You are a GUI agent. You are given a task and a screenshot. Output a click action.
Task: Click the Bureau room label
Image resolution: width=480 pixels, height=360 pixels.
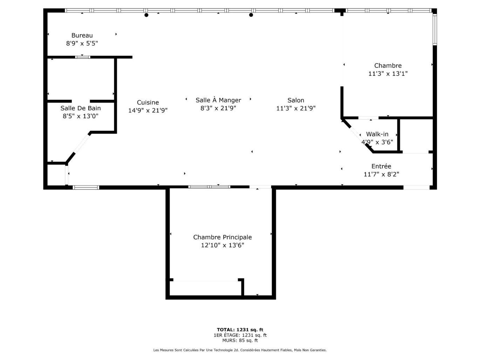coord(82,35)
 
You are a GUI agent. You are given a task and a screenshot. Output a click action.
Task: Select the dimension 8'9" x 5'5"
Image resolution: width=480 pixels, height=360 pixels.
coord(82,43)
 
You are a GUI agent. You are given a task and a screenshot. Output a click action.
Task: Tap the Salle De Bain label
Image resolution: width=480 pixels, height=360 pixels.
coord(81,108)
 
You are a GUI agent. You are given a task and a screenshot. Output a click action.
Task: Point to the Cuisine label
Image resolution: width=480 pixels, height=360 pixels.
coord(148,102)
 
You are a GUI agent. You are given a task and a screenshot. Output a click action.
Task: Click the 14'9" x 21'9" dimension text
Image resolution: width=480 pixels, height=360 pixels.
coord(148,110)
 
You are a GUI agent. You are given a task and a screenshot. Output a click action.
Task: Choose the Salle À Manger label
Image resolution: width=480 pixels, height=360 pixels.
coord(218,100)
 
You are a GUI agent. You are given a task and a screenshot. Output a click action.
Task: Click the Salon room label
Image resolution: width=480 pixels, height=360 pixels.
coord(296,100)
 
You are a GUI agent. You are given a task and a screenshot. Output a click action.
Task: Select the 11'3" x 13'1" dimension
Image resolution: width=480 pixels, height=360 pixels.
coord(388,74)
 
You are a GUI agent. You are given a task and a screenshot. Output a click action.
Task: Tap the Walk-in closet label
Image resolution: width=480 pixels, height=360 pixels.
coord(377,134)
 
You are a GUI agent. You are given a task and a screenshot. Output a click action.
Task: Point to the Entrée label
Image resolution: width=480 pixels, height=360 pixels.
coord(381,166)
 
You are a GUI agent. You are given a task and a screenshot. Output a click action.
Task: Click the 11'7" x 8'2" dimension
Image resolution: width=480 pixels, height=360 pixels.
coord(381,174)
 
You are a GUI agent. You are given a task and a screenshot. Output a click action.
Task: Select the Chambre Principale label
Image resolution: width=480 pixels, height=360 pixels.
coord(222,237)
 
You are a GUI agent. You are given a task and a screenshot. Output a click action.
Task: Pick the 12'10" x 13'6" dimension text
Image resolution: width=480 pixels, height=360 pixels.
coord(222,245)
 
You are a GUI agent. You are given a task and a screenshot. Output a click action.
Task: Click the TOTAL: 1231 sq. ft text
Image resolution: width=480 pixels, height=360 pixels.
coord(240,330)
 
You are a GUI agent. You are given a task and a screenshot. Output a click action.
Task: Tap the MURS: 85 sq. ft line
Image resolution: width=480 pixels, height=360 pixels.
coord(240,340)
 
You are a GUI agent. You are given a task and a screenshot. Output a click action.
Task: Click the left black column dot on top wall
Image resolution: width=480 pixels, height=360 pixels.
coord(146,15)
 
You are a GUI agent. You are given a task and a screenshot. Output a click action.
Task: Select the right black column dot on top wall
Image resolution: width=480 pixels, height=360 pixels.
coord(251,15)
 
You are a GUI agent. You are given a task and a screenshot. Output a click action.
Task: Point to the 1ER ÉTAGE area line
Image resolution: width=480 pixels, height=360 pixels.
coord(240,335)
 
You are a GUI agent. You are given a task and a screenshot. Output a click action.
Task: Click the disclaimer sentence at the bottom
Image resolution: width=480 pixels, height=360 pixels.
coord(240,350)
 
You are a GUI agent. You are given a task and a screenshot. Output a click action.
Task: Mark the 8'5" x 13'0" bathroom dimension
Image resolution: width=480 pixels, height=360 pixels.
coord(81,116)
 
